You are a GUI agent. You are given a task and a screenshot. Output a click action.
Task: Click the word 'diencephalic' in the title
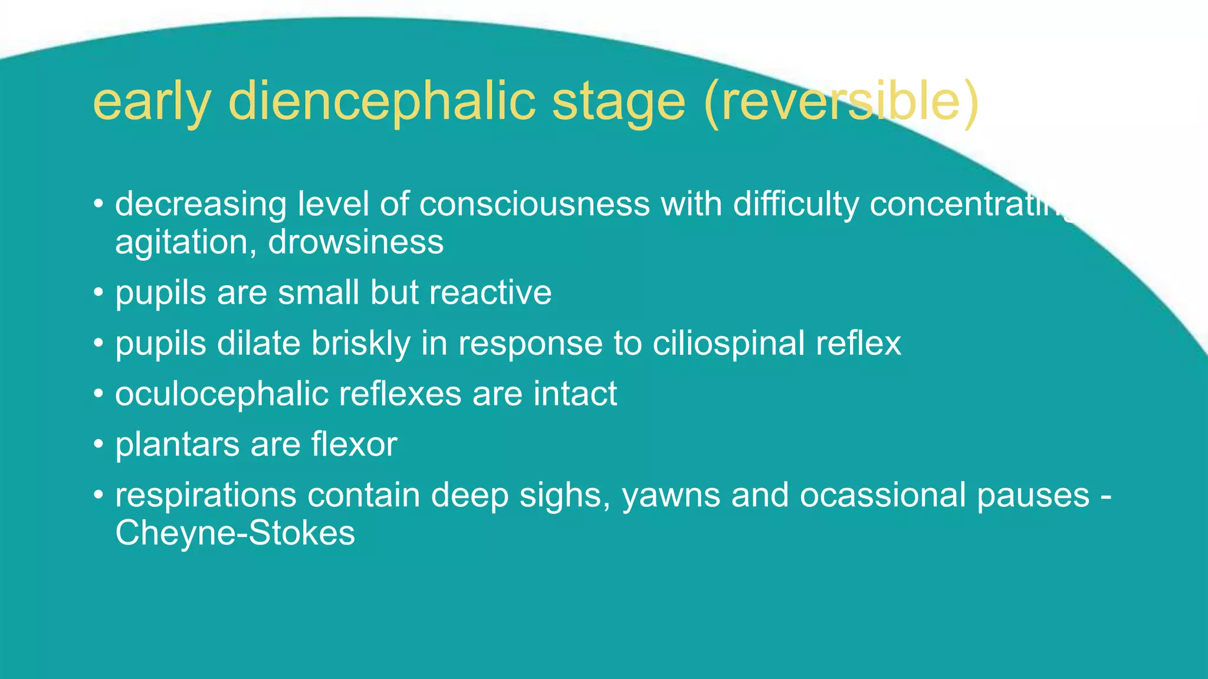point(382,101)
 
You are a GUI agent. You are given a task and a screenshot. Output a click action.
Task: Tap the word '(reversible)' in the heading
point(841,101)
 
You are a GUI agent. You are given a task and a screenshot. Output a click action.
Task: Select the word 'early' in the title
point(152,101)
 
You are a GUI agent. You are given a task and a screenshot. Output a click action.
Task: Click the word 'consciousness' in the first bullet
point(534,204)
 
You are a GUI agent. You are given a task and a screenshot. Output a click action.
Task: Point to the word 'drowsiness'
point(356,242)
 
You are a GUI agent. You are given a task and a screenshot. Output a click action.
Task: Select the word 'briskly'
point(361,343)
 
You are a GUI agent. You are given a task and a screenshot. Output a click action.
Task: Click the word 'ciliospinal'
point(728,343)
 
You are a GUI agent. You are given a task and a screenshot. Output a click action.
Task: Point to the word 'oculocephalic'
point(222,394)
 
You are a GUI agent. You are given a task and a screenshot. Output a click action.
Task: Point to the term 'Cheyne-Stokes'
point(235,533)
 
